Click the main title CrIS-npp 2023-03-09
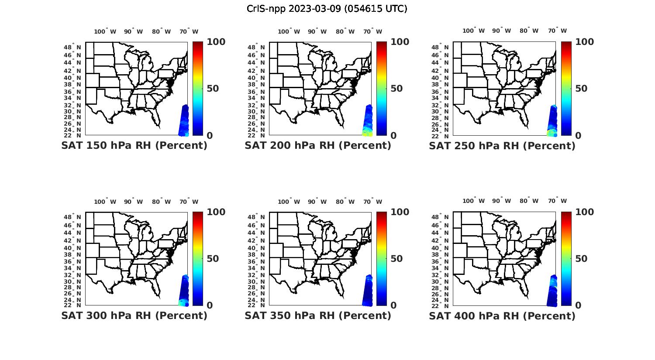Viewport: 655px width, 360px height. click(327, 9)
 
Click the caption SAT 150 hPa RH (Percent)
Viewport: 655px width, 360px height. click(134, 145)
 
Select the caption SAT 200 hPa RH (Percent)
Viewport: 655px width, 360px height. click(318, 145)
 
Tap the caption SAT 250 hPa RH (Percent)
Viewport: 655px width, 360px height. click(502, 145)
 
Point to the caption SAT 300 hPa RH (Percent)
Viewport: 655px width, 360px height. click(134, 315)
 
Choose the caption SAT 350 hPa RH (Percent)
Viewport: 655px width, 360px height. click(318, 315)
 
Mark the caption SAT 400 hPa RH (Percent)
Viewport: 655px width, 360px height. click(502, 315)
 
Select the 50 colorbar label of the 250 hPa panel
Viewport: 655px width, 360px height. click(581, 89)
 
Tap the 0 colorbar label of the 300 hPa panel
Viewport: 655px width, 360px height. click(210, 305)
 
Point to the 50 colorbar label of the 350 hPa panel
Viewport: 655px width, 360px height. click(396, 259)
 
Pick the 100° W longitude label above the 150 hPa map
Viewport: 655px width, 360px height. click(105, 31)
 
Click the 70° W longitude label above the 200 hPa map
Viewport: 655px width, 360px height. click(372, 31)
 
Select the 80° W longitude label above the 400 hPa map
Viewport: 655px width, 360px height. click(529, 201)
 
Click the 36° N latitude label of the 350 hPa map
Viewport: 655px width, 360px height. click(260, 261)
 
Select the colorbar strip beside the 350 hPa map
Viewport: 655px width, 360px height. click(382, 258)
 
